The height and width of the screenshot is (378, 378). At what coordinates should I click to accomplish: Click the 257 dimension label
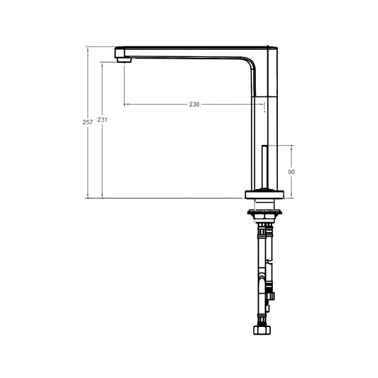coord(88,122)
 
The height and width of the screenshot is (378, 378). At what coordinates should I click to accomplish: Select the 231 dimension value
coord(102,120)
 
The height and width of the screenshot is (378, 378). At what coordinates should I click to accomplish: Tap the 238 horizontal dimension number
coord(194,104)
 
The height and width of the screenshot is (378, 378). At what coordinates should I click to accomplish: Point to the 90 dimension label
coord(291,171)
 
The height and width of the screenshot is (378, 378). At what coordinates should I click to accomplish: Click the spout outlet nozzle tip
coord(124,60)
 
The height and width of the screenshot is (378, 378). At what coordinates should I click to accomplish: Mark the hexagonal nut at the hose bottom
coord(262,329)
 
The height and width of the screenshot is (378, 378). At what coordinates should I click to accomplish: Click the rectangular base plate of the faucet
coord(265,195)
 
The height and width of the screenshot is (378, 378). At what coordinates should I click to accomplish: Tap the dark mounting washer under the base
coord(265,212)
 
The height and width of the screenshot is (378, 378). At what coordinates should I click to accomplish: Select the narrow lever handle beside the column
coord(265,166)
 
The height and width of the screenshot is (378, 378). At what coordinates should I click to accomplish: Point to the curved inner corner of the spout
coord(250,63)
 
